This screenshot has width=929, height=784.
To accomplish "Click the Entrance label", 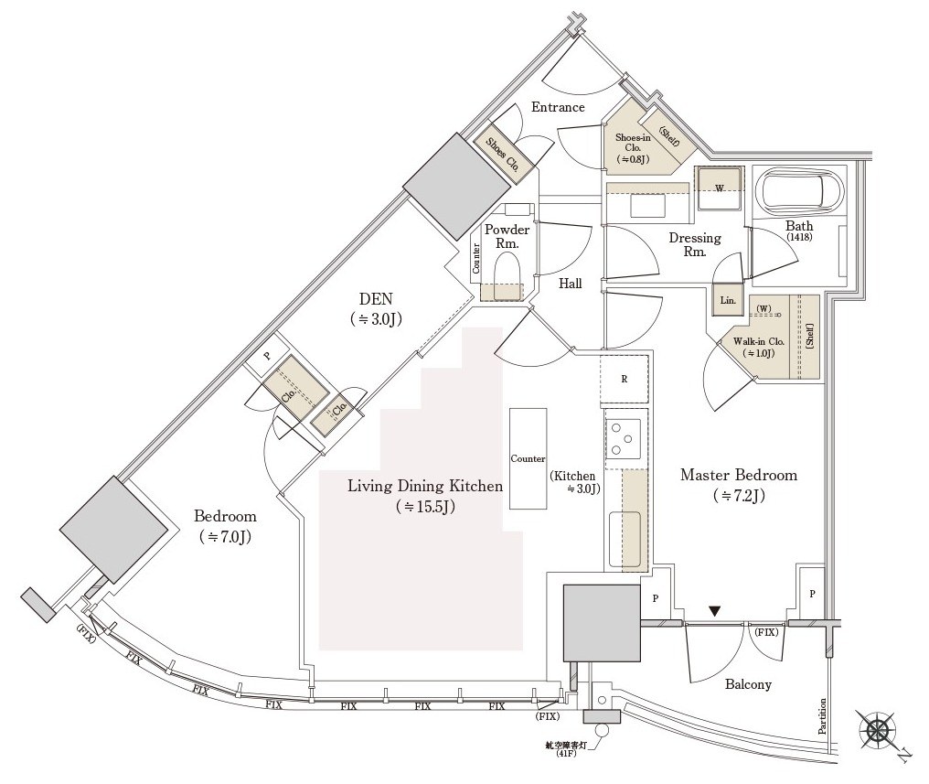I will (x=559, y=107).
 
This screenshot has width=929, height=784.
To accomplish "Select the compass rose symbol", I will (x=878, y=731).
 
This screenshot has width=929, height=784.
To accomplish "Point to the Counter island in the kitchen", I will (x=529, y=458).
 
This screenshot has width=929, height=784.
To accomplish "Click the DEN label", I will (x=376, y=299).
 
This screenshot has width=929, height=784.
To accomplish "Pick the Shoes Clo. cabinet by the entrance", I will (x=503, y=153).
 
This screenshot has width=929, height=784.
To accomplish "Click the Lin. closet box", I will (x=727, y=300).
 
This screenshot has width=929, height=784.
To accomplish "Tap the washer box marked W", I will (x=719, y=188).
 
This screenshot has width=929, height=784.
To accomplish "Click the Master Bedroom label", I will (x=739, y=476).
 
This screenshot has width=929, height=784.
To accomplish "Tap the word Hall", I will (x=571, y=284).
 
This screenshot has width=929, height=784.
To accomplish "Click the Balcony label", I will (x=748, y=684).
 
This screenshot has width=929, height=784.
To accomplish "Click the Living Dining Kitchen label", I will (x=425, y=486).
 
